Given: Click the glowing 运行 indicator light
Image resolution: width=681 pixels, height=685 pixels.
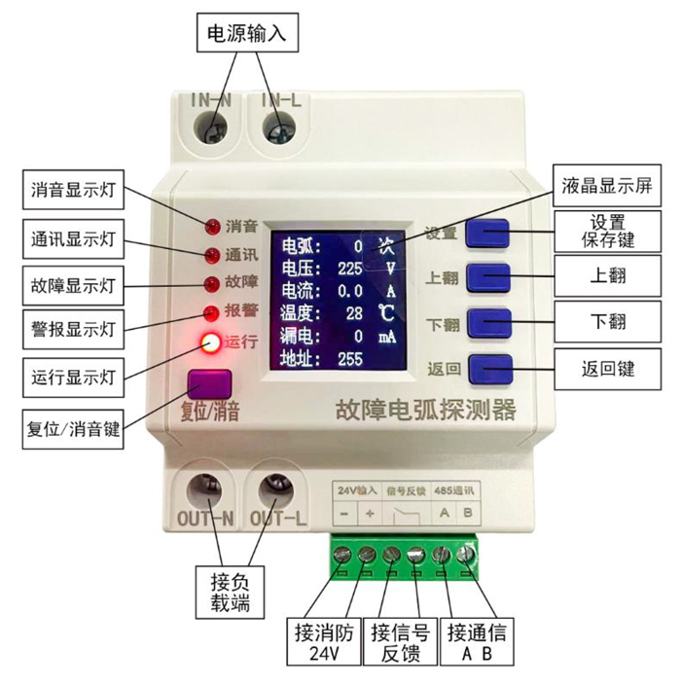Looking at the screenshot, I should point(210,342).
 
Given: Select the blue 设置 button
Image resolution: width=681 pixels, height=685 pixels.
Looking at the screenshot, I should point(489,233).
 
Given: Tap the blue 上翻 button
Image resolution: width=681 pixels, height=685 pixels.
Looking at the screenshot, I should point(489,276).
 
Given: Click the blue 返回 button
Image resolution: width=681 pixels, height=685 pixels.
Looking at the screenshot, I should point(489,369).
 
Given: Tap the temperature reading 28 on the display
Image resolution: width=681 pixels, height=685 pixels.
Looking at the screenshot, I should point(354,313).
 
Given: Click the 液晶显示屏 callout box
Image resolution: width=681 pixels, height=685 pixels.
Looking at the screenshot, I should point(608,185).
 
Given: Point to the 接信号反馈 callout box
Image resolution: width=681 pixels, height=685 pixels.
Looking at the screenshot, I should point(397,642).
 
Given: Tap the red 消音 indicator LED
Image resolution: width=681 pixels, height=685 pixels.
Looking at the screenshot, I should point(210,228).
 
